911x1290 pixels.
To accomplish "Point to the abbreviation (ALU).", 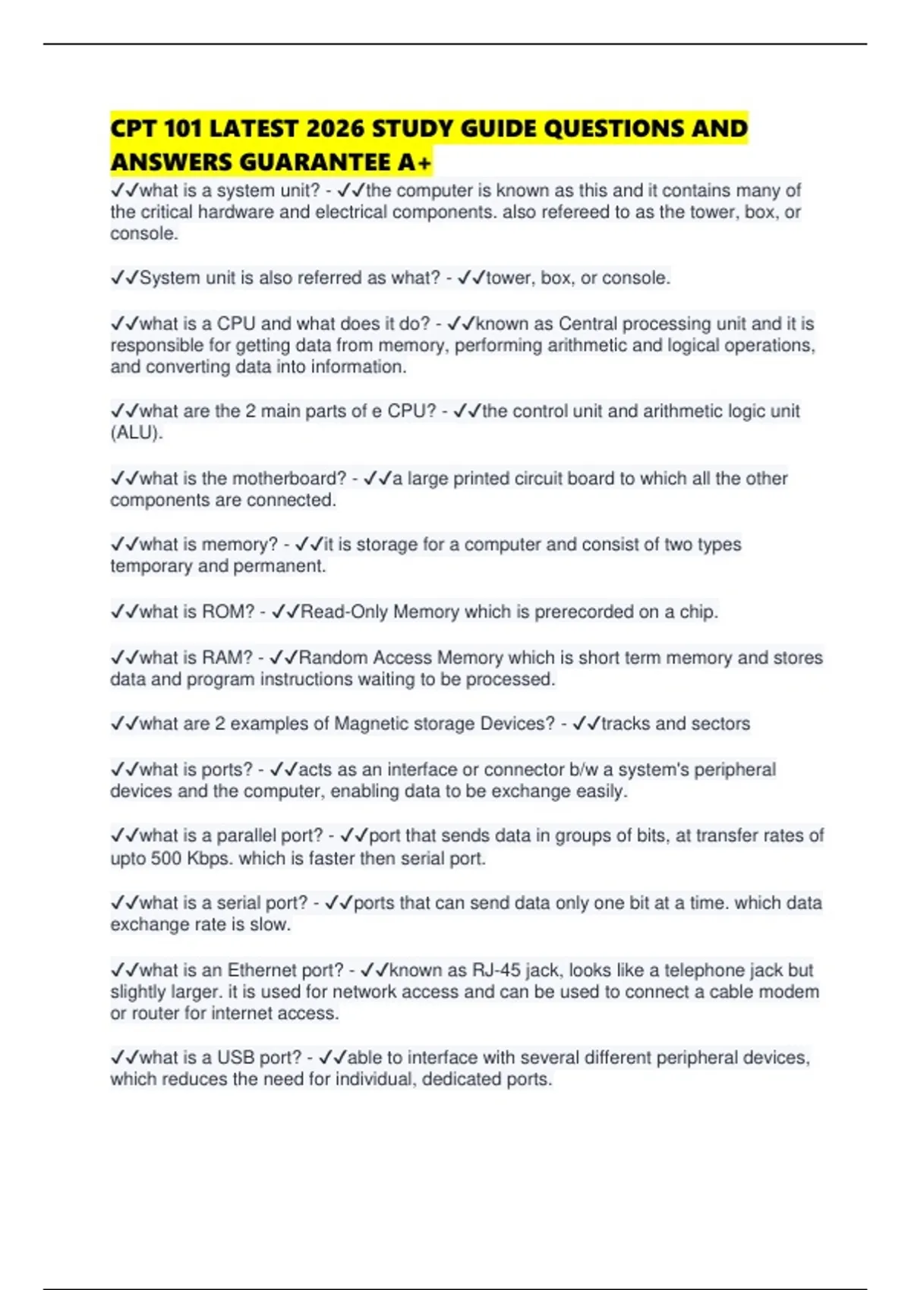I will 137,433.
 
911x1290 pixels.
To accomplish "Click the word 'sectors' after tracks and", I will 720,723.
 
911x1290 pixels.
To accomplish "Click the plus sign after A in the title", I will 424,162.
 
